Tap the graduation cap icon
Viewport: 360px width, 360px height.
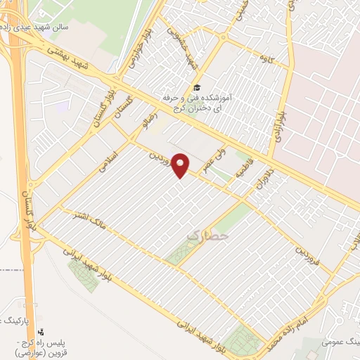[x=199, y=86]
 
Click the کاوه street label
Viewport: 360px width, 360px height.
[x=265, y=56]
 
